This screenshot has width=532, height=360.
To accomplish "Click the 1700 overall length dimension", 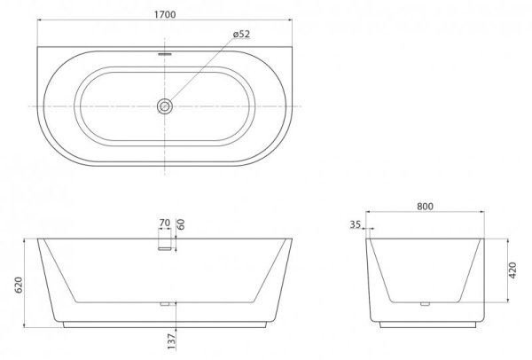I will pos(164,14).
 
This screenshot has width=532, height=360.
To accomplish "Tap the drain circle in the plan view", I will pos(164,106).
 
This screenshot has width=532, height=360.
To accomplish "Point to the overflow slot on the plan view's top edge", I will pos(164,51).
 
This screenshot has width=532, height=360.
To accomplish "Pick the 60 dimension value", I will pos(181,225).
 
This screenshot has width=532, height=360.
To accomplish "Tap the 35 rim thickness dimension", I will pos(356,226).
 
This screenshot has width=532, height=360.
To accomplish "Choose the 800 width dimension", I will pos(425,206).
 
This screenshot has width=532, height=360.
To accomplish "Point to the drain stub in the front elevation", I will pos(164,304).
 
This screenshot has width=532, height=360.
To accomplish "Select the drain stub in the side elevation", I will pos(425,304).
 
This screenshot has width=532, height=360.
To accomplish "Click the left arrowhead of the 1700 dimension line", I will pos(40,25).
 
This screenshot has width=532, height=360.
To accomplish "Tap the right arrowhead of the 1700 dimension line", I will pos(289,25).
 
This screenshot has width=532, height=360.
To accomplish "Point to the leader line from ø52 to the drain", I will pos(199,72).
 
